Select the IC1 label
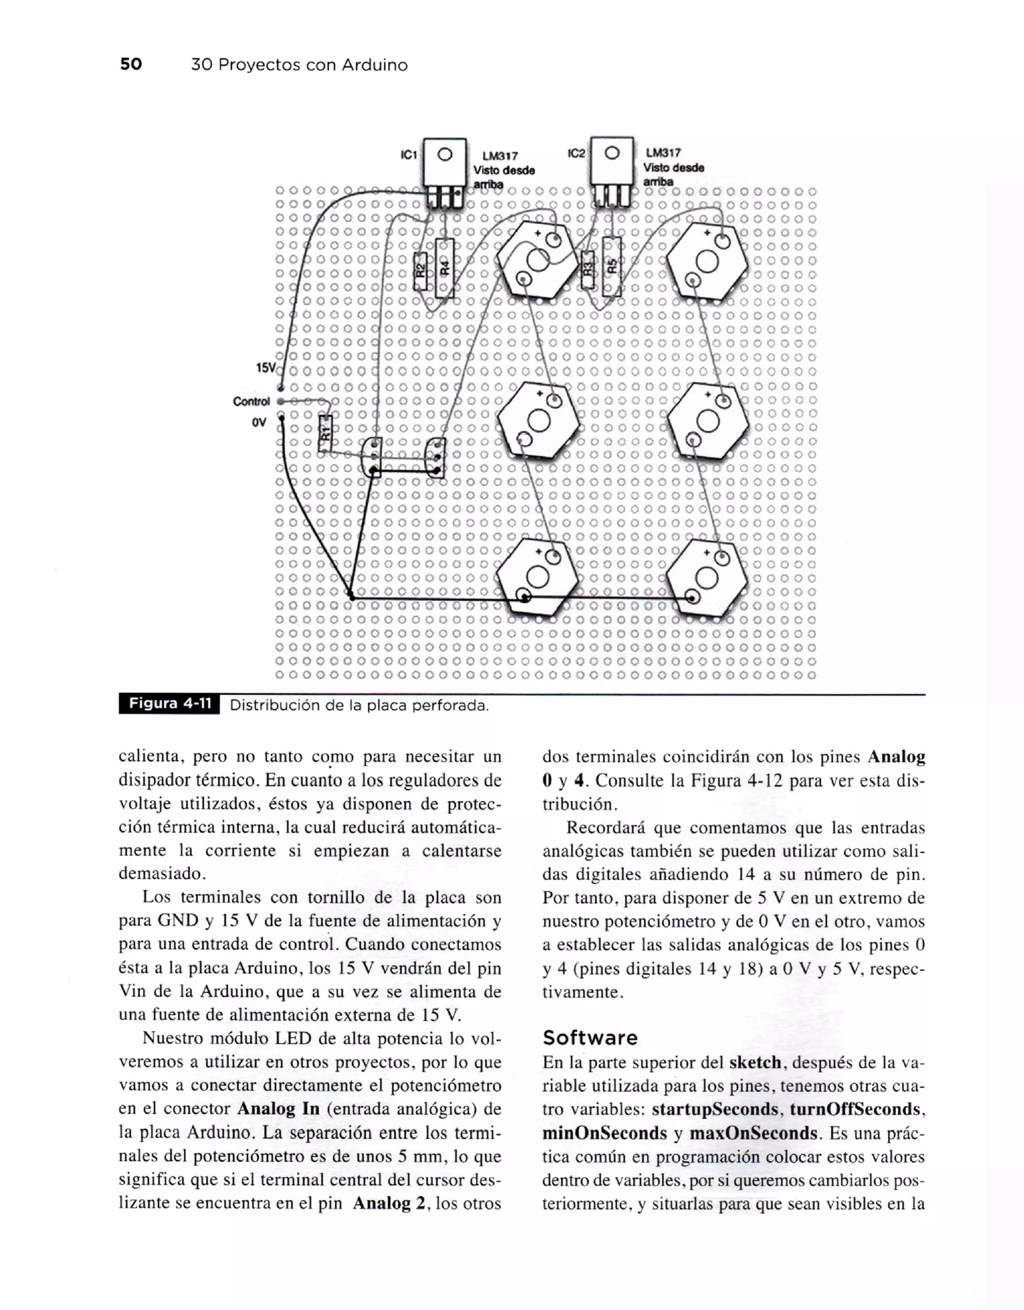[408, 155]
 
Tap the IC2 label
[576, 153]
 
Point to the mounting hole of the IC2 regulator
[611, 153]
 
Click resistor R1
[324, 432]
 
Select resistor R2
[420, 271]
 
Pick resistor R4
[444, 267]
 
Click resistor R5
[611, 266]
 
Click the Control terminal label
[251, 401]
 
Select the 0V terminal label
[259, 422]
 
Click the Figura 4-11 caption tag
[170, 704]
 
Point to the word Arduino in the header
[374, 65]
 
